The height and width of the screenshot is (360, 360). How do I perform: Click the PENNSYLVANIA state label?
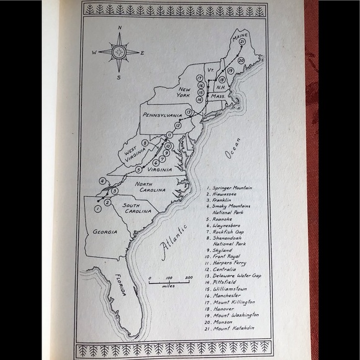pyautogui.click(x=161, y=115)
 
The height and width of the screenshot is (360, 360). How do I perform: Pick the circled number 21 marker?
pyautogui.click(x=250, y=42)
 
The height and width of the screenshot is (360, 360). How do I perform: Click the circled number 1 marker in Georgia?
pyautogui.click(x=97, y=209)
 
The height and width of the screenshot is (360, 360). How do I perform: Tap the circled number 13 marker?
pyautogui.click(x=187, y=112)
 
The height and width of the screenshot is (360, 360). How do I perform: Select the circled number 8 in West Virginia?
pyautogui.click(x=144, y=143)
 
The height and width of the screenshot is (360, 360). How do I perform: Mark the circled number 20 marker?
pyautogui.click(x=240, y=60)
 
